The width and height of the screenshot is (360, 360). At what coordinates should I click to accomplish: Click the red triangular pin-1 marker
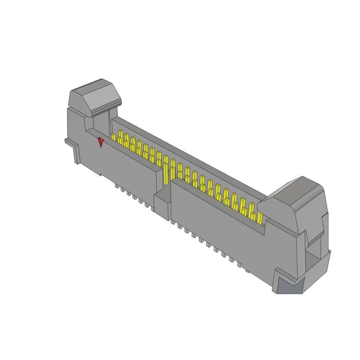coord(101,142)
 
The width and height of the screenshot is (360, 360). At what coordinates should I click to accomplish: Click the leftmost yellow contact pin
coord(113,137)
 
